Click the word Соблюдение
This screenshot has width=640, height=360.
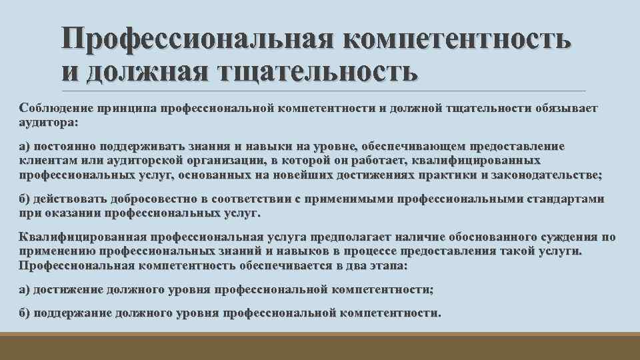55,108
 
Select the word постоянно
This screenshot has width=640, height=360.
67,147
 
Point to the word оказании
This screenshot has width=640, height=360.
67,213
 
